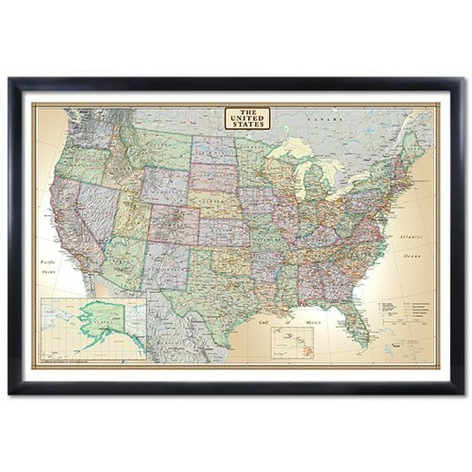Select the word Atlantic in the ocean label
tap(408, 236)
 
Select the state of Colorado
tap(174, 224)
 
